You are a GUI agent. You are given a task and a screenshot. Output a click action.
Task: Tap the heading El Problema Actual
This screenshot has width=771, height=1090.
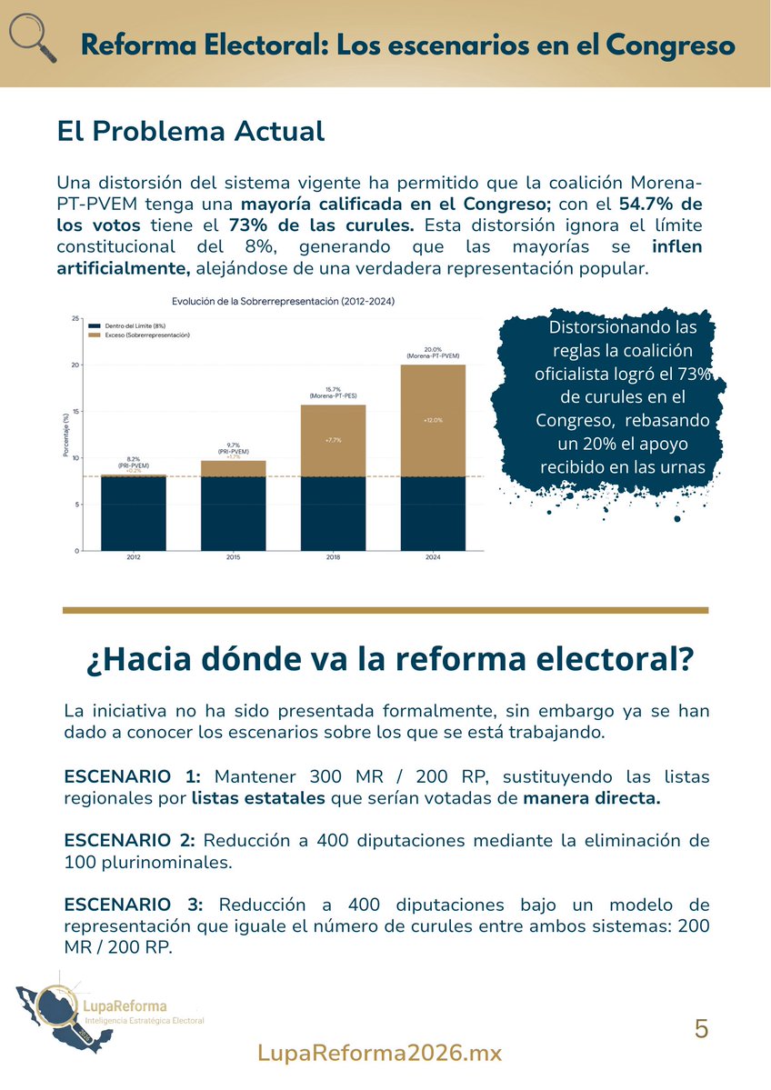click(x=190, y=131)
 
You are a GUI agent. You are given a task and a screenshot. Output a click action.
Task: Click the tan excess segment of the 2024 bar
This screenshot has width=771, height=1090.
click(x=433, y=420)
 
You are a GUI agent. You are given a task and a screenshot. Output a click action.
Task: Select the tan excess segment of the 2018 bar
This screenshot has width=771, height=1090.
click(x=332, y=441)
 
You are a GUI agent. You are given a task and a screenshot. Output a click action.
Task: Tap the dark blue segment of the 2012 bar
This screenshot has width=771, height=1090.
click(x=133, y=514)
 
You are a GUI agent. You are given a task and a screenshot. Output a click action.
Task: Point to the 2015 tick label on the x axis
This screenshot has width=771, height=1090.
click(x=233, y=557)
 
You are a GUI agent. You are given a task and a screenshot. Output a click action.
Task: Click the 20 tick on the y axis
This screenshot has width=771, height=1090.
click(x=75, y=365)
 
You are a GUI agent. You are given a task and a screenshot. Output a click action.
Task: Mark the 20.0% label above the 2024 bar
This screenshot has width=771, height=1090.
click(x=433, y=349)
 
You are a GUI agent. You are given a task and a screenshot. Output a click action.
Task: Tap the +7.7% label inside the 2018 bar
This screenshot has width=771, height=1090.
click(x=332, y=440)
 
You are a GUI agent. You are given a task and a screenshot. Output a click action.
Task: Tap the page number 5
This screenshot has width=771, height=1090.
click(x=701, y=1029)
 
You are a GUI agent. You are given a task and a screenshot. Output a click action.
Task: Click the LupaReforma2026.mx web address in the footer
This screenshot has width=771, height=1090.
click(x=380, y=1053)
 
